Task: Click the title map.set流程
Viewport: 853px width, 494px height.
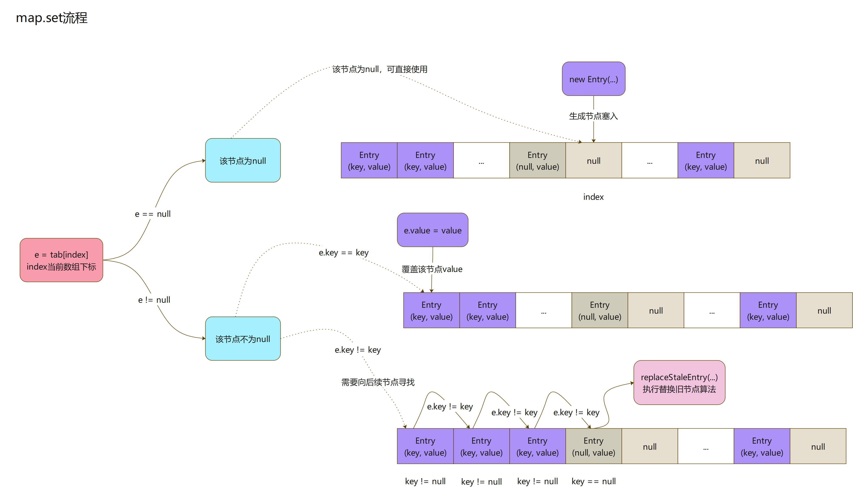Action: (52, 18)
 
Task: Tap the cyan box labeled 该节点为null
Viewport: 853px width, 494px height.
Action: (243, 160)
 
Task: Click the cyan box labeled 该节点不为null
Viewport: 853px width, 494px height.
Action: (243, 339)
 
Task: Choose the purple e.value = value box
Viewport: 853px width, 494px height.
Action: (432, 230)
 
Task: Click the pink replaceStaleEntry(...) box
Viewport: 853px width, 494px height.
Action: (679, 383)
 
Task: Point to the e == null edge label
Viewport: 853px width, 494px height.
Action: (153, 214)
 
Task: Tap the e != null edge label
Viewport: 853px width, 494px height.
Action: (154, 300)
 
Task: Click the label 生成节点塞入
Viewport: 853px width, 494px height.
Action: (593, 116)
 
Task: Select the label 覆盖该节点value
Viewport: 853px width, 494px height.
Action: (432, 269)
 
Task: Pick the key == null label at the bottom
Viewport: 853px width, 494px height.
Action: (593, 481)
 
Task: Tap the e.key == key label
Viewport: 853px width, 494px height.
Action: (343, 252)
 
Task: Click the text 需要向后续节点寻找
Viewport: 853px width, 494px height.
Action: (378, 382)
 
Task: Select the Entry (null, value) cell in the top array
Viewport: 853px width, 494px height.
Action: (537, 160)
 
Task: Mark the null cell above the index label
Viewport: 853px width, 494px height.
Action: (593, 160)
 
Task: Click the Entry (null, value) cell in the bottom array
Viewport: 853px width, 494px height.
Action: (593, 446)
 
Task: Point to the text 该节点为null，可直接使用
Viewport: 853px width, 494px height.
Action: (379, 69)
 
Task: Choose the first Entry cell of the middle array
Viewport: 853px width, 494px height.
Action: (431, 310)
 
